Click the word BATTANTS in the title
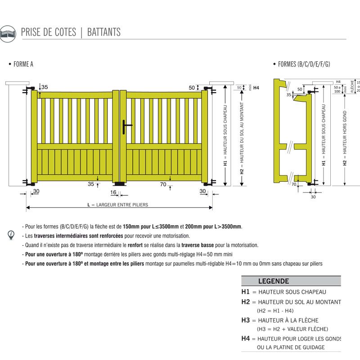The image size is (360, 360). point(103,32)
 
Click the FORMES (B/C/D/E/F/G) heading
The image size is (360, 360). point(304,64)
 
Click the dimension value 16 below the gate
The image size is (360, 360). point(113,193)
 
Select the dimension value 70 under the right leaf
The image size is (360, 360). point(162,184)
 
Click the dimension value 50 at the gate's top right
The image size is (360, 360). point(192,88)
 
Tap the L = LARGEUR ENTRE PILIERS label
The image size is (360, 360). point(118,205)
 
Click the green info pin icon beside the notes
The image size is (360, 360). point(11,235)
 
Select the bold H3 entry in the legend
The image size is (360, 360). point(245,320)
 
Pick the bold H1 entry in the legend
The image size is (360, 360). point(245,292)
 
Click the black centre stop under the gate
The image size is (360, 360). point(120,184)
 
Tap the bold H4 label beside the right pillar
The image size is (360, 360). point(256,88)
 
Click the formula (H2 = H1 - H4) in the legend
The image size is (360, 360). point(275,311)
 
